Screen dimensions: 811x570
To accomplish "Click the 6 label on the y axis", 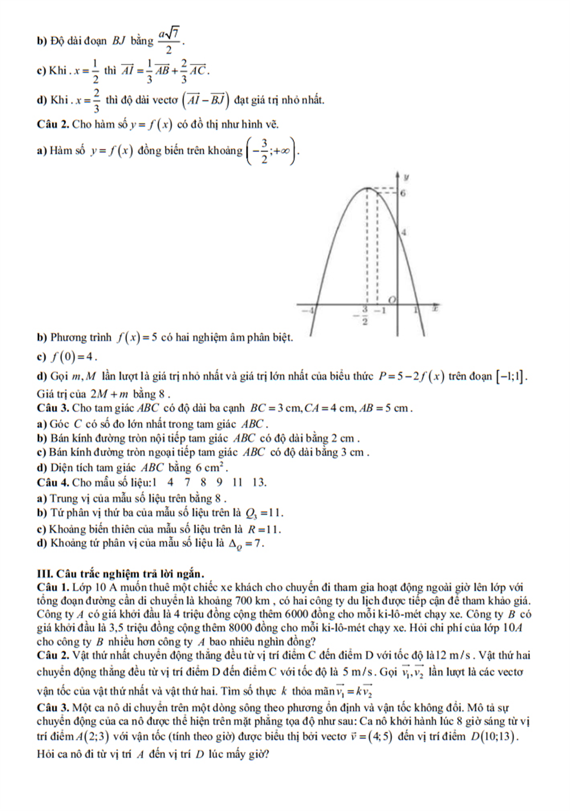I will (x=403, y=193).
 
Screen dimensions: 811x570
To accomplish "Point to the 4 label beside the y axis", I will (x=404, y=232).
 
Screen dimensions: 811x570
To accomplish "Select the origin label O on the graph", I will (x=392, y=300).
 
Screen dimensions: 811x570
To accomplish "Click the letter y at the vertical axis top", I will (x=406, y=177).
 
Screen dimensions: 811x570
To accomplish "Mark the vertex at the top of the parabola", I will (x=367, y=188).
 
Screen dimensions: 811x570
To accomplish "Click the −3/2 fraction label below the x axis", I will (x=365, y=315).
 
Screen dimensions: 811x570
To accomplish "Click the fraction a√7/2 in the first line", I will (x=169, y=41).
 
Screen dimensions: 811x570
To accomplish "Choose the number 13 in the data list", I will (x=258, y=482).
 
